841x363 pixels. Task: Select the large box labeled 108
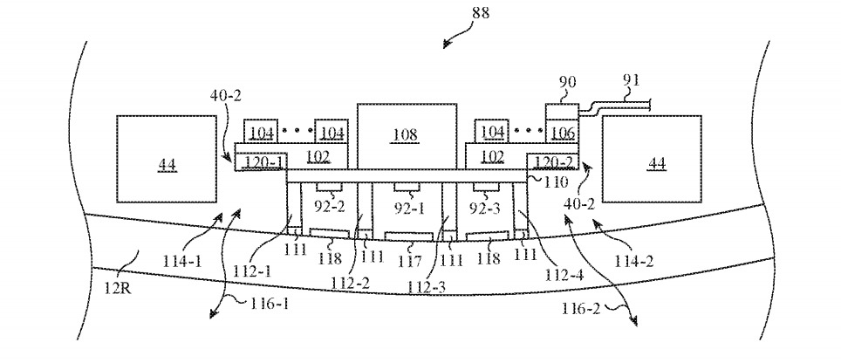[406, 135]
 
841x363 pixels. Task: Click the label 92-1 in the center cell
[407, 209]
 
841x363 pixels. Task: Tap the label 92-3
[485, 209]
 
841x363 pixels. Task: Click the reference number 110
[555, 182]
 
